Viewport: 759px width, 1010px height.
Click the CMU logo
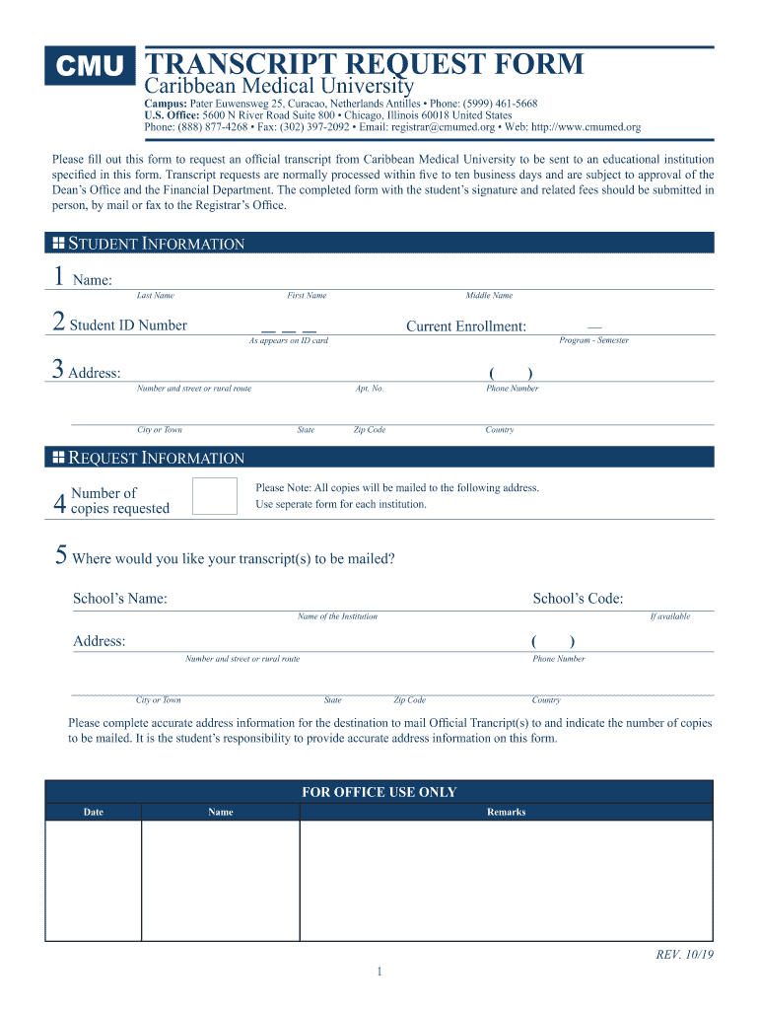click(x=90, y=66)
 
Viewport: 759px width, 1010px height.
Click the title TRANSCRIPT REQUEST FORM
click(x=364, y=65)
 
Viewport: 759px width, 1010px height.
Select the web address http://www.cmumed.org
click(x=586, y=127)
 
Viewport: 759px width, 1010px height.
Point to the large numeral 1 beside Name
click(x=58, y=278)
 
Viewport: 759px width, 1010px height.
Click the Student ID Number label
click(x=128, y=325)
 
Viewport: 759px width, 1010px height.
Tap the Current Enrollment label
click(x=466, y=326)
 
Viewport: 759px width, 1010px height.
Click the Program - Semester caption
click(x=593, y=340)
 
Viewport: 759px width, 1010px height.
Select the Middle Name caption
click(x=489, y=296)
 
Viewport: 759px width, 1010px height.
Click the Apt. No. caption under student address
click(x=370, y=389)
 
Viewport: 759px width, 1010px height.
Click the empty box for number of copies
click(x=215, y=496)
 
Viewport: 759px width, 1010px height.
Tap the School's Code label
click(x=578, y=599)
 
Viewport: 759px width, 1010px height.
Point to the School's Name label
click(x=120, y=599)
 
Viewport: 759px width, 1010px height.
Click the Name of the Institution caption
click(x=337, y=616)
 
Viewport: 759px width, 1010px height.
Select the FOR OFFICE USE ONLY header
click(x=379, y=792)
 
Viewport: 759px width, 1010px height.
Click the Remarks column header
click(x=506, y=813)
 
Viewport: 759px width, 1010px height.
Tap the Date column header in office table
click(x=94, y=813)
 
